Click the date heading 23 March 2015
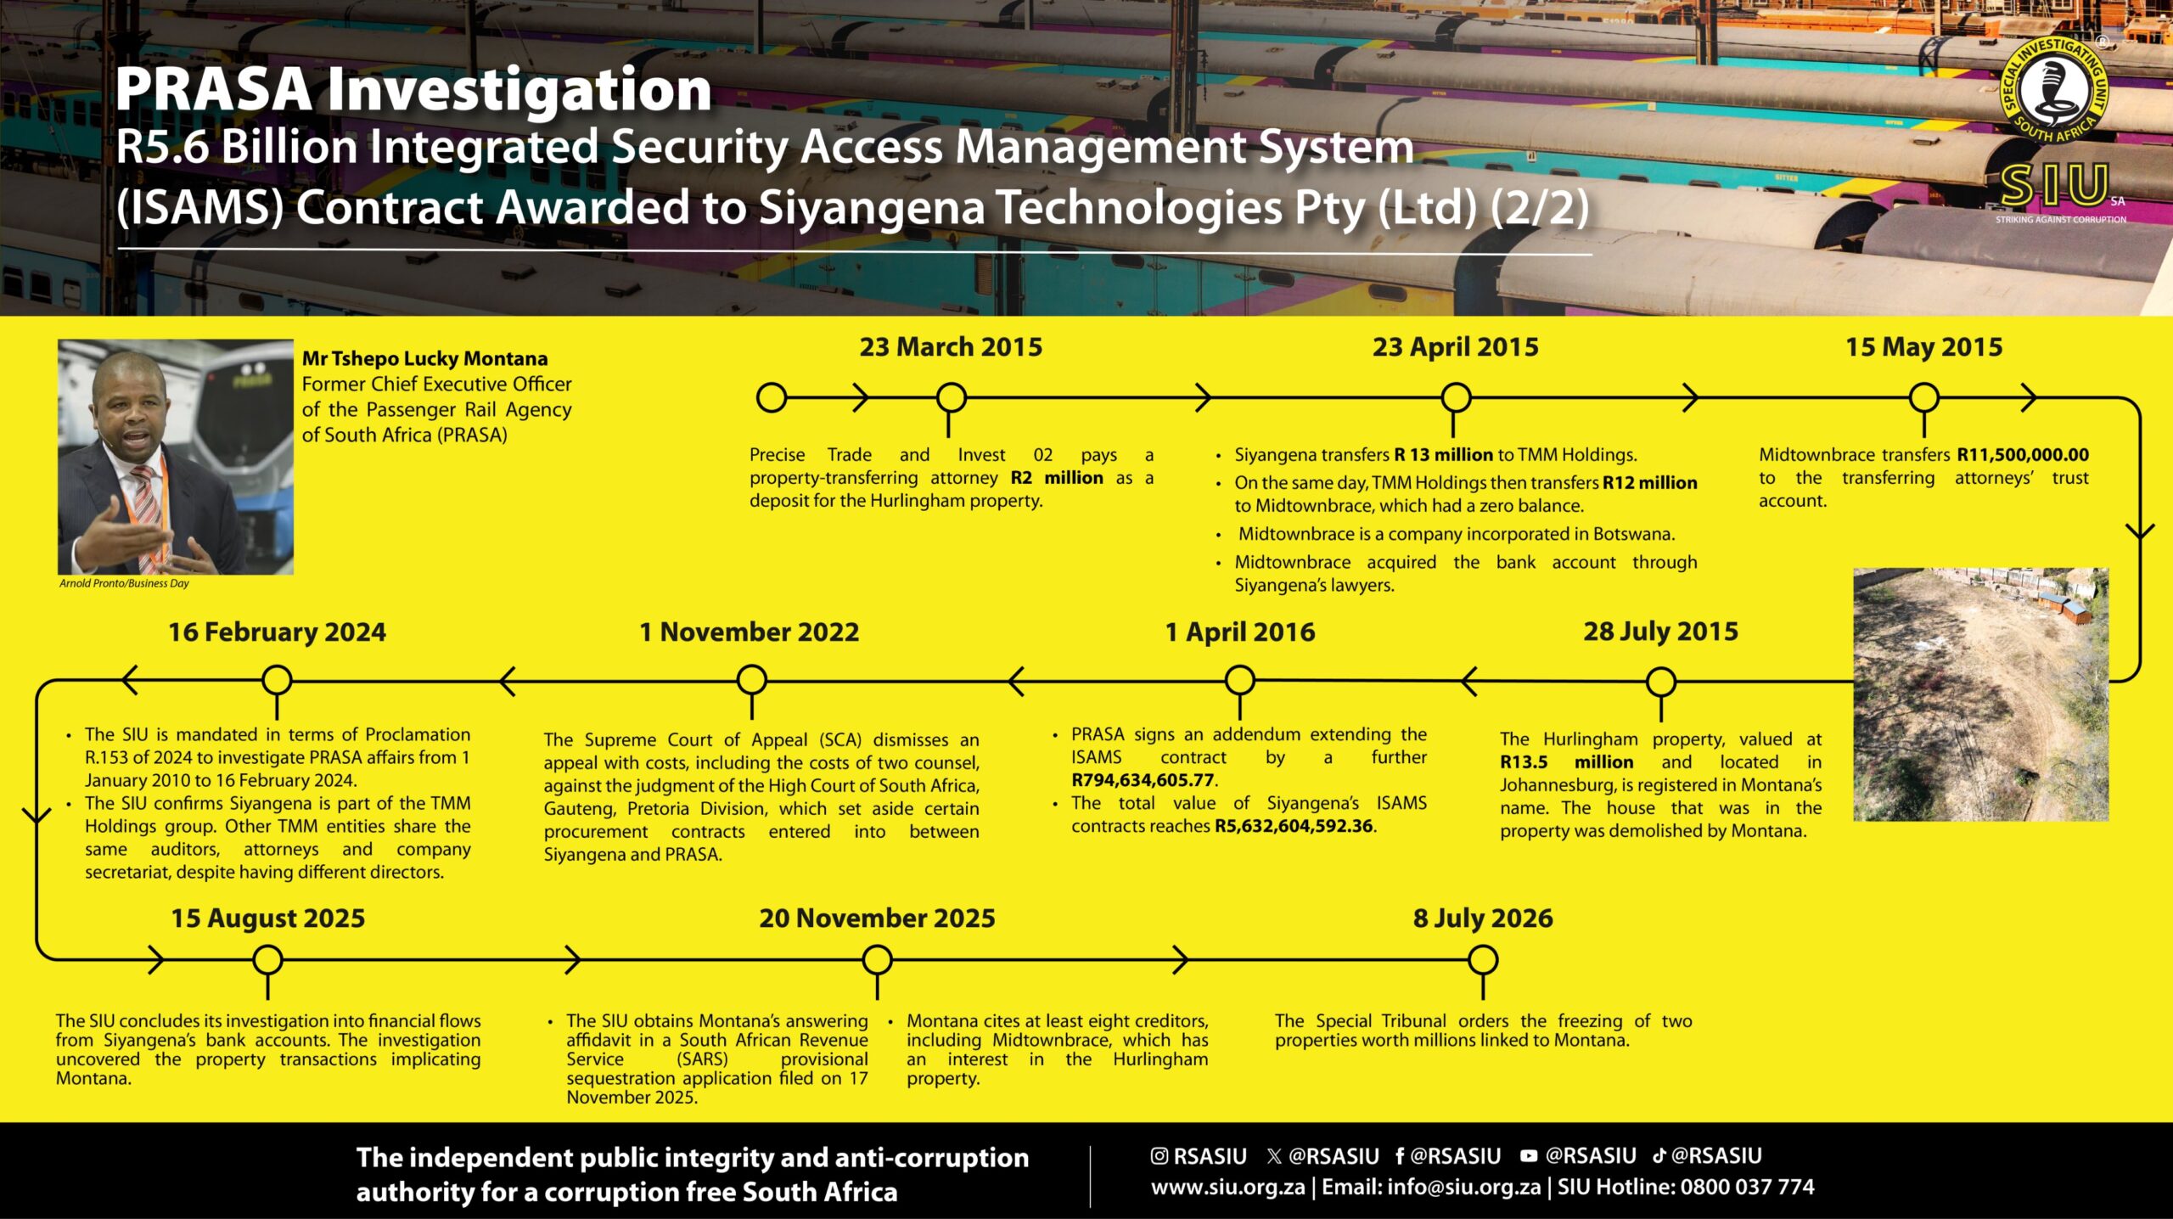coord(951,347)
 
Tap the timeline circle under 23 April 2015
coord(1456,397)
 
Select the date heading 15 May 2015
coord(1923,347)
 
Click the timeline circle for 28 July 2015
coord(1661,682)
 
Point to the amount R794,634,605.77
coord(1143,780)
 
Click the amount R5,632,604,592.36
coord(1294,826)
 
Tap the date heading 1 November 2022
coord(750,632)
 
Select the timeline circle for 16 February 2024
coord(277,681)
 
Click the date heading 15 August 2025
coord(268,918)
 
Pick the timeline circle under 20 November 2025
coord(877,960)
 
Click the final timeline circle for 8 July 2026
coord(1483,960)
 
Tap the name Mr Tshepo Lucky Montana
coord(425,359)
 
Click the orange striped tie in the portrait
coord(148,509)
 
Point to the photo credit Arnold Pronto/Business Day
coord(124,583)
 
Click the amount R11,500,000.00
coord(2023,455)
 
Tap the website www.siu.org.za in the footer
coord(1227,1187)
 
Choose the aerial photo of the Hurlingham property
coord(1980,694)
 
